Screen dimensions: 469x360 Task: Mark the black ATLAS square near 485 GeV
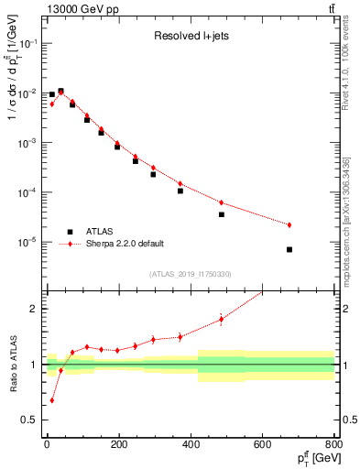[x=222, y=214]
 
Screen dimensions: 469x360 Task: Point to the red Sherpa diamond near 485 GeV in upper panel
[x=222, y=202]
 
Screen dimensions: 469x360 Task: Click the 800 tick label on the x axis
[x=334, y=446]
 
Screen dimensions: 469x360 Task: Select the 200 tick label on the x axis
[x=118, y=446]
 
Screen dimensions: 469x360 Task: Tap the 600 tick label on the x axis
[x=262, y=446]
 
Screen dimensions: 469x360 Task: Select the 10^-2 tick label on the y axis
[x=27, y=93]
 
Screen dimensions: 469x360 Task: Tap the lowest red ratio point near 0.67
[x=52, y=400]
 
